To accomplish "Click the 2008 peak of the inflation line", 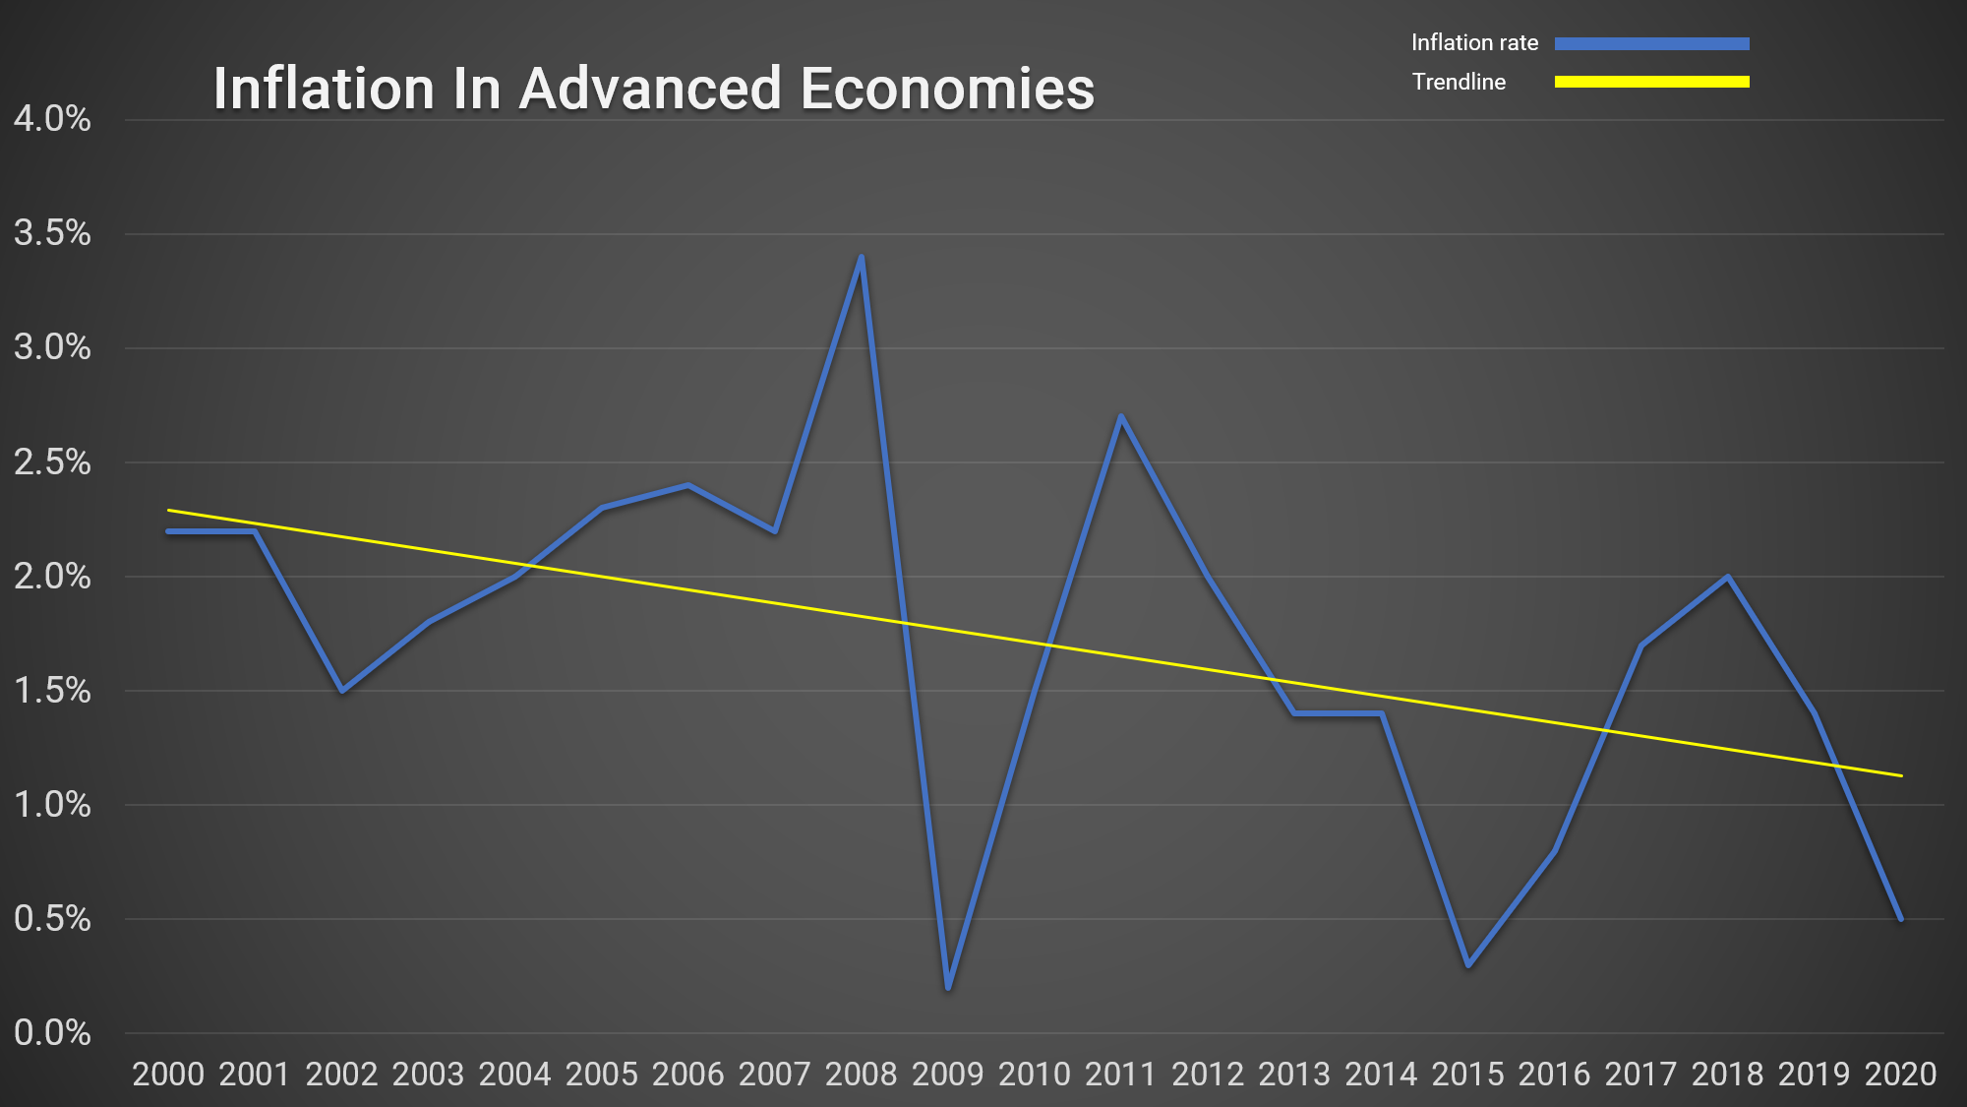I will coord(862,258).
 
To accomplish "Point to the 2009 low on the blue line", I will coord(948,987).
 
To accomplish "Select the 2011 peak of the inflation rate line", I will coord(1121,417).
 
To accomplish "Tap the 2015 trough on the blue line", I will coord(1468,964).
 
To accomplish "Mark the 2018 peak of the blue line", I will coord(1728,577).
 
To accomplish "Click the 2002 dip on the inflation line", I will coord(342,691).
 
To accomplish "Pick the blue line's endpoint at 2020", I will coord(1900,918).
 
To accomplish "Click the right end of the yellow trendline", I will coord(1900,775).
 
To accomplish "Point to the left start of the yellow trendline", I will coord(169,511).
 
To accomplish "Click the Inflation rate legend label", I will coord(1474,42).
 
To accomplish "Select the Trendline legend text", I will coord(1459,82).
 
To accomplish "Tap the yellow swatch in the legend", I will coord(1651,82).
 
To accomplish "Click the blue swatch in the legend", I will coord(1651,43).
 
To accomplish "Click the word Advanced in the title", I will coord(650,89).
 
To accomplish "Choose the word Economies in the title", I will coord(947,89).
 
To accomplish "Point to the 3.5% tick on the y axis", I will coord(52,233).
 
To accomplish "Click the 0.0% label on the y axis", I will coord(52,1033).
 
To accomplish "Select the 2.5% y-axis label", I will coord(52,462).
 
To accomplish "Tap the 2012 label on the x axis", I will coord(1208,1074).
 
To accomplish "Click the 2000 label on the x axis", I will coord(168,1074).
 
